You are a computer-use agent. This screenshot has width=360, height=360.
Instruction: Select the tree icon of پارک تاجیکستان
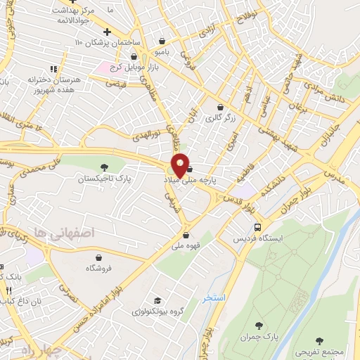[105, 167]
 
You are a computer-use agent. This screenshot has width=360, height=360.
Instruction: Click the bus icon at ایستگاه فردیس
[258, 228]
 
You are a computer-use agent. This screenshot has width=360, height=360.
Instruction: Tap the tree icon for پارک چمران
[259, 325]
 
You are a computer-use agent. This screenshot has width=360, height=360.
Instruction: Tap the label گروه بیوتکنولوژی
[155, 311]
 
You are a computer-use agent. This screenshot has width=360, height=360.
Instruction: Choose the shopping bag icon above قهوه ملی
[186, 236]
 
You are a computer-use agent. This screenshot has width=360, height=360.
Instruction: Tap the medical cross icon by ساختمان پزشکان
[106, 32]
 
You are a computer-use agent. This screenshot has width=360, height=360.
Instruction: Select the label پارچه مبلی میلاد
[204, 180]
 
